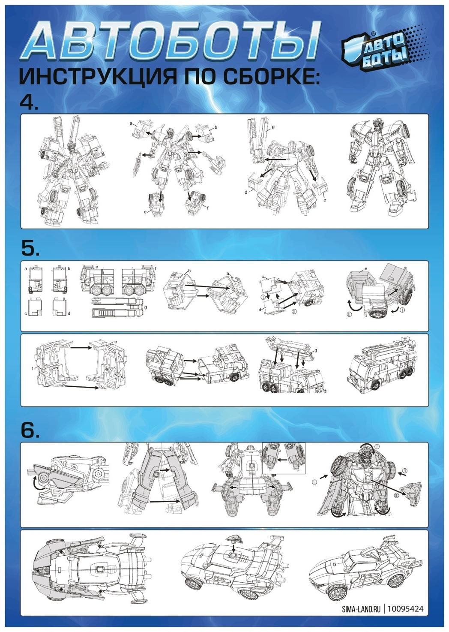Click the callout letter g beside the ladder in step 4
tap(273, 127)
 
